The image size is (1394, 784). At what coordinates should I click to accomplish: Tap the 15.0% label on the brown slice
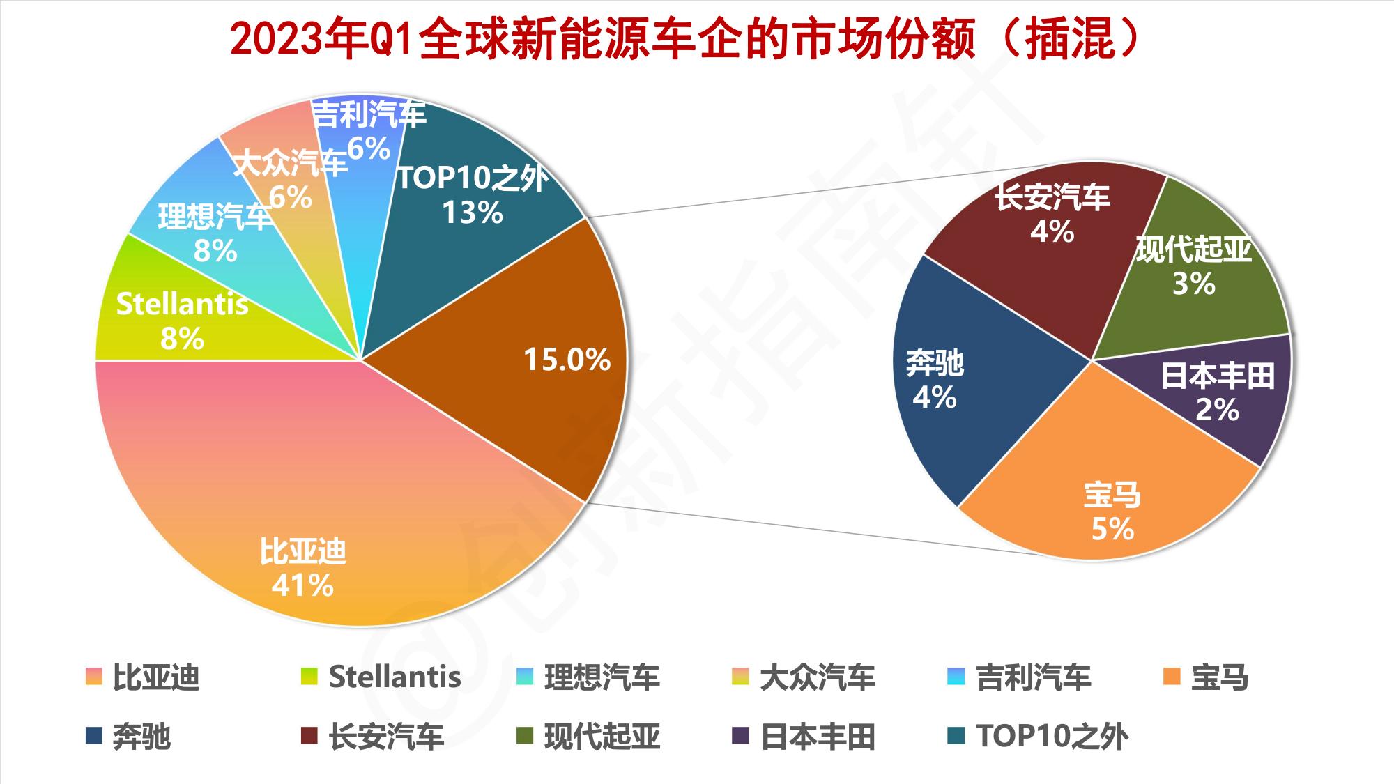(567, 360)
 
